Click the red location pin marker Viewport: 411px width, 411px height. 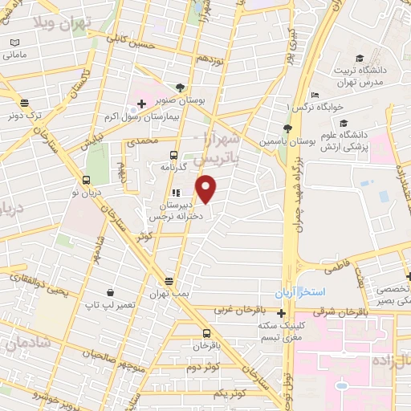point(207,189)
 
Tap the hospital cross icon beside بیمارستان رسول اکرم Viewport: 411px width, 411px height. point(141,104)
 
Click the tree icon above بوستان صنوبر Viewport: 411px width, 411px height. point(179,88)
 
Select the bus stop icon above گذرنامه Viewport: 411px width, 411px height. point(173,156)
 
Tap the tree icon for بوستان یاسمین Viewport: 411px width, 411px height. point(287,128)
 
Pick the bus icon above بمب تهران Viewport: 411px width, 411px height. point(169,281)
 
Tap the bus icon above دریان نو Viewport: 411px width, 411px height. point(86,180)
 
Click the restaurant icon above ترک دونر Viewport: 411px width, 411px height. point(24,102)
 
